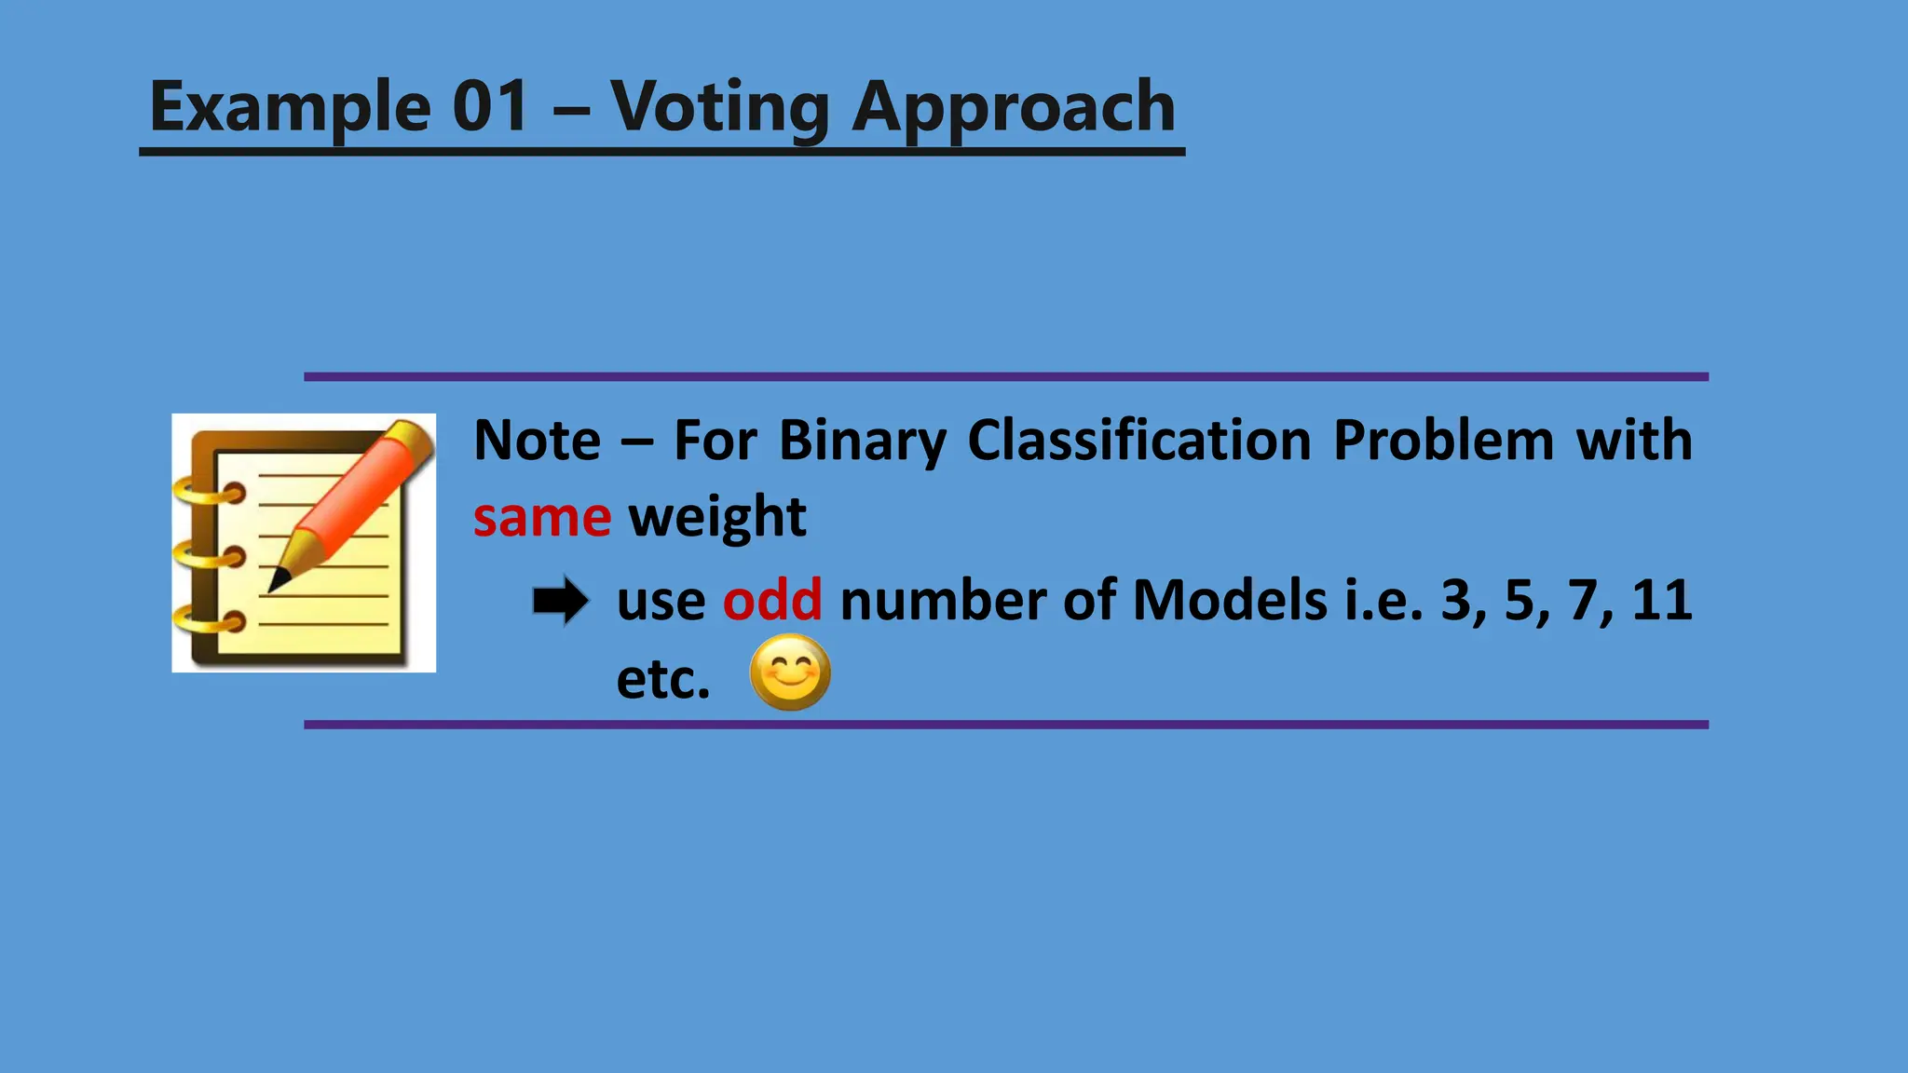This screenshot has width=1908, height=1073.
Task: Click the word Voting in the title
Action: (x=719, y=108)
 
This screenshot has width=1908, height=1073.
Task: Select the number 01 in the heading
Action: (x=491, y=106)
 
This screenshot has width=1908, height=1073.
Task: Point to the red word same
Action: (x=541, y=518)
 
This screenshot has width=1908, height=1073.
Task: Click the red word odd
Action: (x=772, y=600)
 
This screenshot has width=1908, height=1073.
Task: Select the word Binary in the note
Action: (x=862, y=441)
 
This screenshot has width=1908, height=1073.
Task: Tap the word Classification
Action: (x=1138, y=440)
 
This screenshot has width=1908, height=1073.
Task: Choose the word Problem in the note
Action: (x=1443, y=440)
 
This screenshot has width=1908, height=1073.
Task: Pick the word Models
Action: (x=1230, y=600)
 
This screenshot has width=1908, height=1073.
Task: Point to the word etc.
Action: (x=662, y=680)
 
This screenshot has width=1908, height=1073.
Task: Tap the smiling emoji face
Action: (x=790, y=672)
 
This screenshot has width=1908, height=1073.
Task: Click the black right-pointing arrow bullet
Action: (x=561, y=601)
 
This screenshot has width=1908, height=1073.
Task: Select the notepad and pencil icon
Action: (x=304, y=542)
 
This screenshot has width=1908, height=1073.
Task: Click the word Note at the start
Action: (x=538, y=440)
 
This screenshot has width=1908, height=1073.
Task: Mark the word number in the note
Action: (x=943, y=600)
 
